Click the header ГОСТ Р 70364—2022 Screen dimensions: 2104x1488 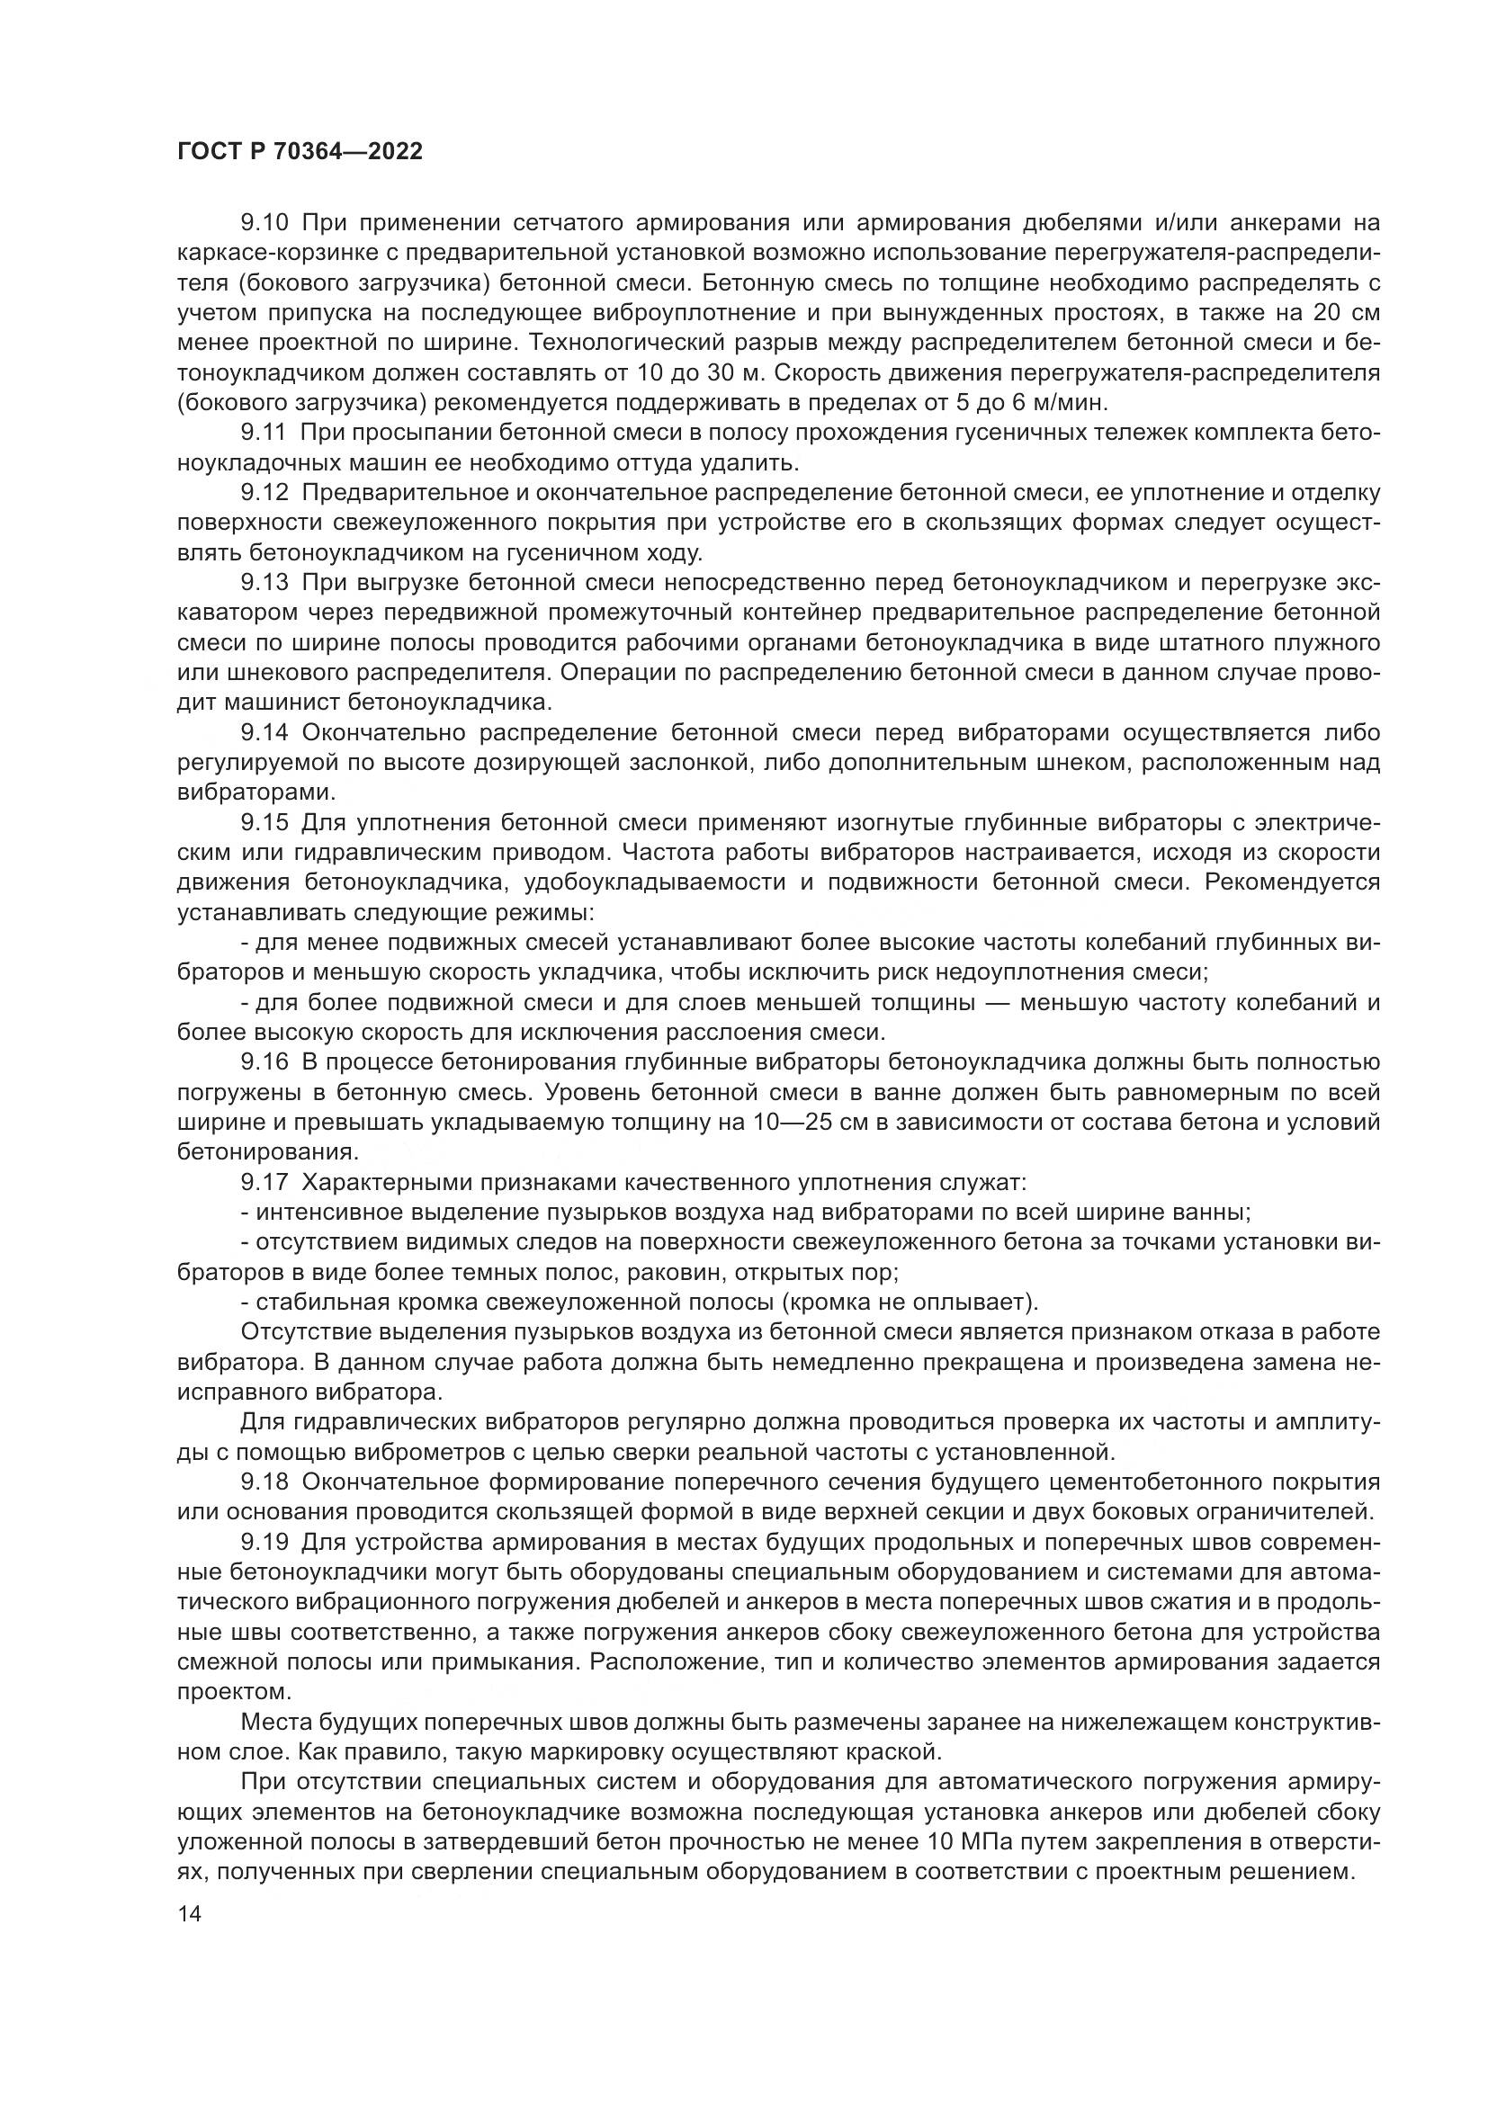300,152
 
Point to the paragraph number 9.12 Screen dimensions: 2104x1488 264,492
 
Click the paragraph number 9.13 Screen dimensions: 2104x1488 264,582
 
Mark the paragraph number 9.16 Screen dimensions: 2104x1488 264,1062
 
